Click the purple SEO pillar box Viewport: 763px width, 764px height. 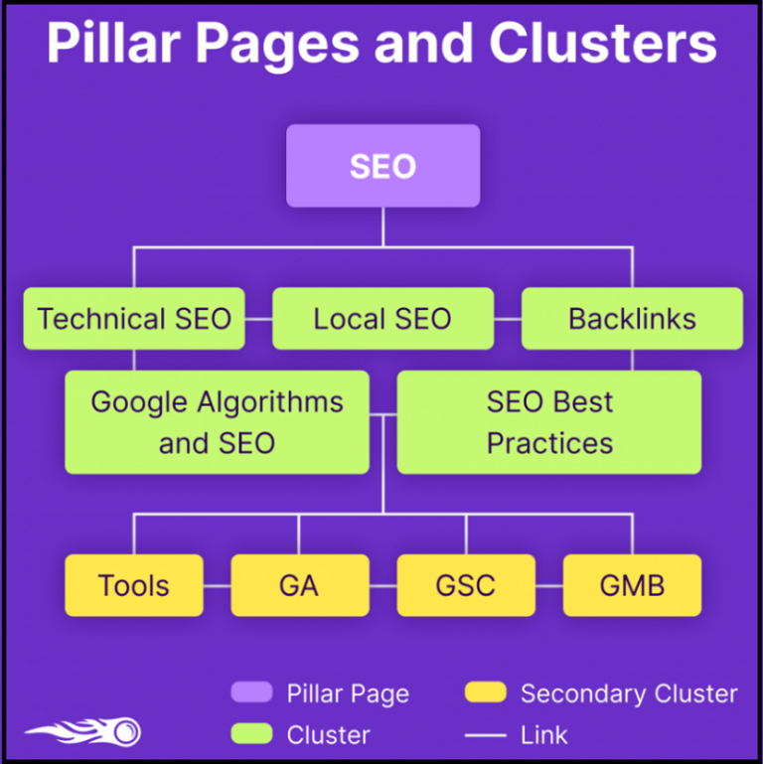coord(382,166)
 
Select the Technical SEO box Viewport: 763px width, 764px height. coord(134,319)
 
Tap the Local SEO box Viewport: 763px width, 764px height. coord(382,319)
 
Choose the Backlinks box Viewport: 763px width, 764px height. coord(632,319)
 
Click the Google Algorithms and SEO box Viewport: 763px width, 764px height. coord(217,422)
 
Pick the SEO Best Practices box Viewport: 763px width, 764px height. coord(549,422)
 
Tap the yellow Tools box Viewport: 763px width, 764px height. coord(134,585)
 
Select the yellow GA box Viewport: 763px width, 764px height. coord(300,585)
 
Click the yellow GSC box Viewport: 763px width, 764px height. coord(466,585)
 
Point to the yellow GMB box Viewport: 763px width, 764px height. coord(633,585)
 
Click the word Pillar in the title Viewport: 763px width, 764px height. coord(114,43)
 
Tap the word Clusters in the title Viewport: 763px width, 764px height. coord(603,43)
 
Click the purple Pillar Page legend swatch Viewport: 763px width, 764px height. coord(251,692)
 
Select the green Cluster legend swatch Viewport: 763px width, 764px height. coord(251,734)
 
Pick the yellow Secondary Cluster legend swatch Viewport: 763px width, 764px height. coord(485,692)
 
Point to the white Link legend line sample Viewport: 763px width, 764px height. coord(485,735)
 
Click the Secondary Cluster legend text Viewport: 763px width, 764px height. coord(629,693)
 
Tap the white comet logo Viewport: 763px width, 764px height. coord(83,731)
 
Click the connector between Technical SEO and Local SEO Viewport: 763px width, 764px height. coord(258,319)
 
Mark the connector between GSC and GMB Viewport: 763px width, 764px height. coord(549,586)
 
